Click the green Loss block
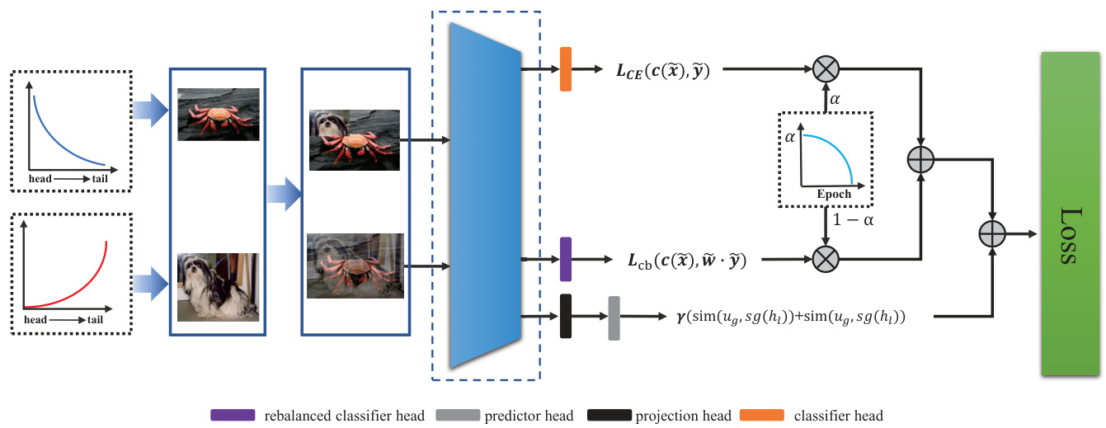(1071, 213)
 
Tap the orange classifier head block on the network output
(566, 69)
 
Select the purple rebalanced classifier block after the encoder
(566, 258)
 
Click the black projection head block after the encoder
(566, 315)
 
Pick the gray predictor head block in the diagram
(614, 317)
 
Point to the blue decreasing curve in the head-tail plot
(58, 132)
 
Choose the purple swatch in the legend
(234, 415)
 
